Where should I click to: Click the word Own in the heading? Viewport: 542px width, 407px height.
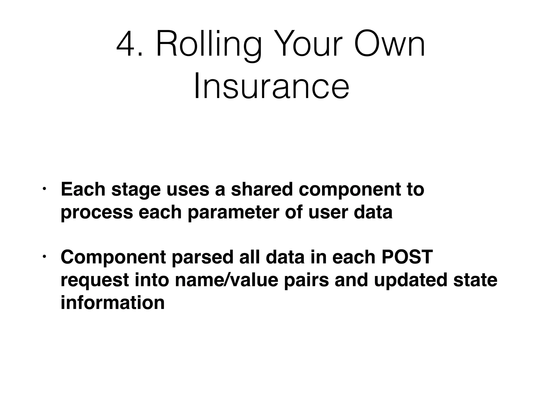(x=389, y=44)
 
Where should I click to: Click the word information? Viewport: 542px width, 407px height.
(x=112, y=303)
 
